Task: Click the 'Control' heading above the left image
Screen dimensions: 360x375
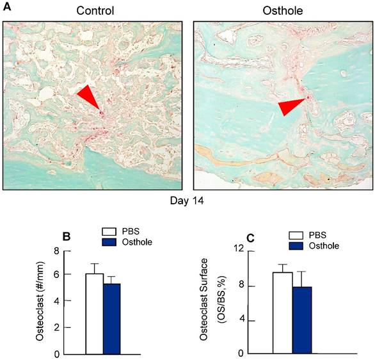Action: [95, 11]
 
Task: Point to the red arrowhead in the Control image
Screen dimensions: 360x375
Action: [89, 100]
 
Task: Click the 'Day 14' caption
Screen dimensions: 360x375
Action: [188, 200]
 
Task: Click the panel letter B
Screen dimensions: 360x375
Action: [65, 236]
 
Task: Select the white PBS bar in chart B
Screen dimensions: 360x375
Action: [95, 313]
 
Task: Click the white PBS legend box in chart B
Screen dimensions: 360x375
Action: [110, 231]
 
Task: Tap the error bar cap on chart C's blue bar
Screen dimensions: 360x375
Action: [301, 272]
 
